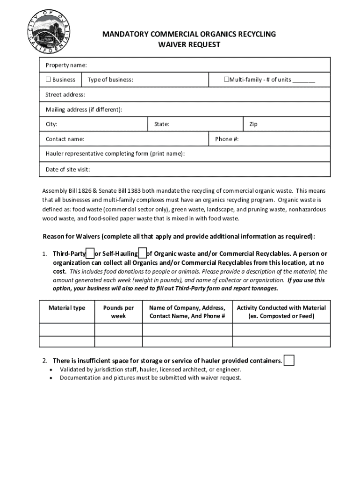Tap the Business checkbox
[x=48, y=80]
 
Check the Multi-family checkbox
[x=226, y=80]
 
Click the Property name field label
[x=66, y=65]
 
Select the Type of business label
[x=110, y=80]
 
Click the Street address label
[x=65, y=95]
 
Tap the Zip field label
[x=253, y=124]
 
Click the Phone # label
[x=227, y=139]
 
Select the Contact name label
[x=65, y=139]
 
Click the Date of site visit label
[x=67, y=169]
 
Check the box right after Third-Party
[x=90, y=254]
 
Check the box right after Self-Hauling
[x=143, y=254]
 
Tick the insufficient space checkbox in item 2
[x=289, y=361]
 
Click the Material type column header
[x=67, y=308]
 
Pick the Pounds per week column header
[x=118, y=312]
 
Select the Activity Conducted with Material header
[x=281, y=312]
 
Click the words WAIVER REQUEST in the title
[x=189, y=45]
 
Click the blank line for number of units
[x=304, y=80]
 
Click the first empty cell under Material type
[x=67, y=329]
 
